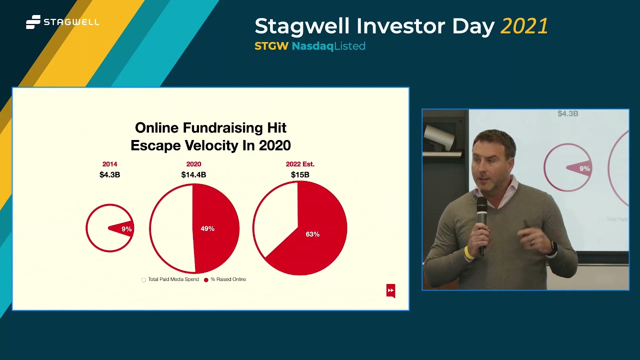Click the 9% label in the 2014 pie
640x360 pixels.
(x=126, y=229)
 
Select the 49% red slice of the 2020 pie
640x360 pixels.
(x=215, y=228)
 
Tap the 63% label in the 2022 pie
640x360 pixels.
(x=312, y=234)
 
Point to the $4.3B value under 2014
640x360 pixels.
(x=109, y=174)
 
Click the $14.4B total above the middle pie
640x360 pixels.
(x=193, y=174)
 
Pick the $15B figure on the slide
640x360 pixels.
(x=300, y=174)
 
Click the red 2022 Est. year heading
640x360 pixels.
(x=300, y=164)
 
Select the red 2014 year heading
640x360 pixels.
(x=109, y=164)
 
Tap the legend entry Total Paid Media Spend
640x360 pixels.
(x=173, y=279)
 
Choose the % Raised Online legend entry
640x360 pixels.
(x=228, y=279)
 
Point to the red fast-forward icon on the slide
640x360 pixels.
(x=390, y=290)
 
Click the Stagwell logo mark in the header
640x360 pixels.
(x=33, y=22)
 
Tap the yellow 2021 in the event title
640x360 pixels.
(x=524, y=26)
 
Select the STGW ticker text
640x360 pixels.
(x=271, y=46)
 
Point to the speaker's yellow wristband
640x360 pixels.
(x=468, y=253)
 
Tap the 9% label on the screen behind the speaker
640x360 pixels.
(x=584, y=169)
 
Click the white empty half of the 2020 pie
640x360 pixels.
(x=171, y=228)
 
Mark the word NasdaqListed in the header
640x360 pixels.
(x=328, y=46)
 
